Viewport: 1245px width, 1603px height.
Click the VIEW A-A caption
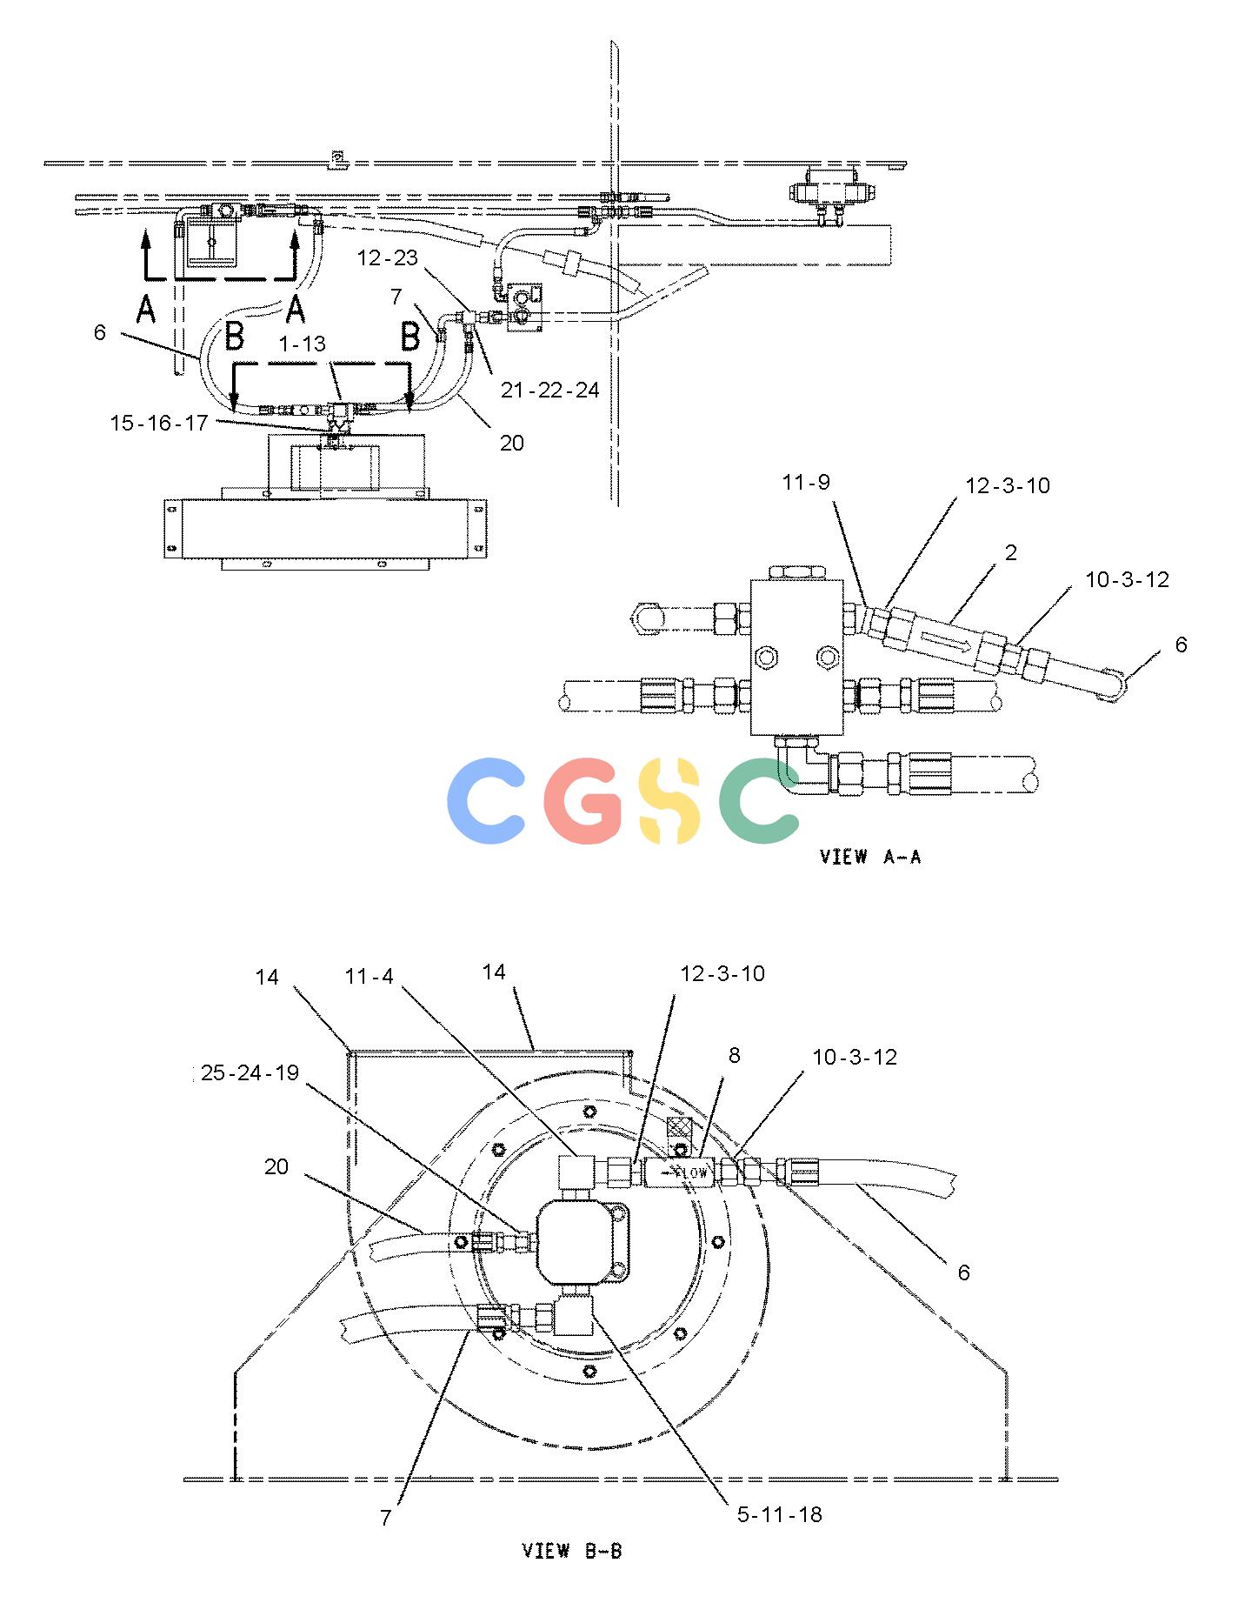point(870,857)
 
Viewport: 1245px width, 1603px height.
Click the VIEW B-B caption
point(571,1550)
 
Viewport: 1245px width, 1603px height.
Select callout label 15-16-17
point(159,423)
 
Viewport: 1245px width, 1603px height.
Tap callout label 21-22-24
point(549,391)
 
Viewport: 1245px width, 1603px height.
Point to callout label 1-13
point(302,344)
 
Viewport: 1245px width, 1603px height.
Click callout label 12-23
point(388,258)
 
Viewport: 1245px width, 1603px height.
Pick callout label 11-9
point(806,482)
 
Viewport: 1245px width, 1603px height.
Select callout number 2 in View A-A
point(1010,553)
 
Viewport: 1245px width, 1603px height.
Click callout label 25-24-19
point(250,1073)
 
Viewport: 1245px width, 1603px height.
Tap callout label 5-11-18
point(780,1514)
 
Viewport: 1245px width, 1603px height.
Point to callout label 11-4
point(370,977)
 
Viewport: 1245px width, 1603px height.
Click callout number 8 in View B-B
point(735,1055)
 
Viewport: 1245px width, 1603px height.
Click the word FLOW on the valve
point(692,1173)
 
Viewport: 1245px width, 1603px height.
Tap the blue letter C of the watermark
point(485,800)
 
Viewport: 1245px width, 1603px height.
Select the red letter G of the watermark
point(584,800)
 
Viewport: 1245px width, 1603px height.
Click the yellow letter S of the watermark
point(669,800)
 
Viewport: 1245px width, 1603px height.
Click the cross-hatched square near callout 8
point(677,1128)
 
